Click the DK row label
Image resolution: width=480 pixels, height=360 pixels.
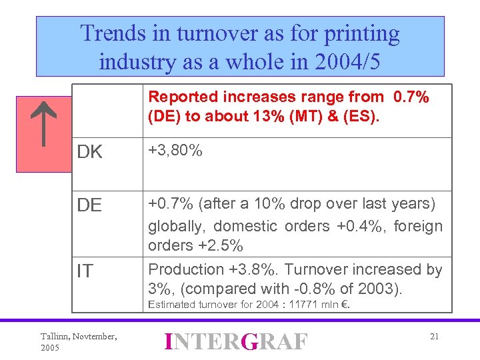(x=90, y=153)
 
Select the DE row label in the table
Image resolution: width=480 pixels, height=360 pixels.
(x=89, y=206)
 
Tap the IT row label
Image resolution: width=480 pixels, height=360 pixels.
(x=85, y=271)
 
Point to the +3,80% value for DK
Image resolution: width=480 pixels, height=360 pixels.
(x=175, y=151)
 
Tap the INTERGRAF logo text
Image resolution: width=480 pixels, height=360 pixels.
(x=237, y=341)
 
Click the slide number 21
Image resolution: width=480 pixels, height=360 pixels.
(x=434, y=337)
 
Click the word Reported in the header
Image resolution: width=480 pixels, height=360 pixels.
(x=179, y=97)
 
